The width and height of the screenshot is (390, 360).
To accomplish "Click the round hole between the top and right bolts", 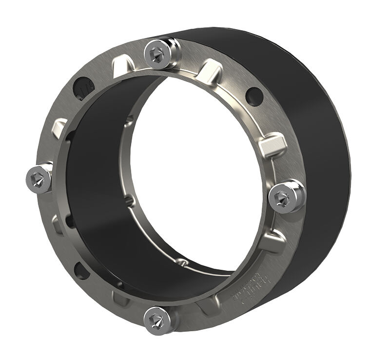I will coord(254,96).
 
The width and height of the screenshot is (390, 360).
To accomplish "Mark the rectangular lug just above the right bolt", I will coord(271,145).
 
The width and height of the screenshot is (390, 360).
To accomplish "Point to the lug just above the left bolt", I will coord(59,128).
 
